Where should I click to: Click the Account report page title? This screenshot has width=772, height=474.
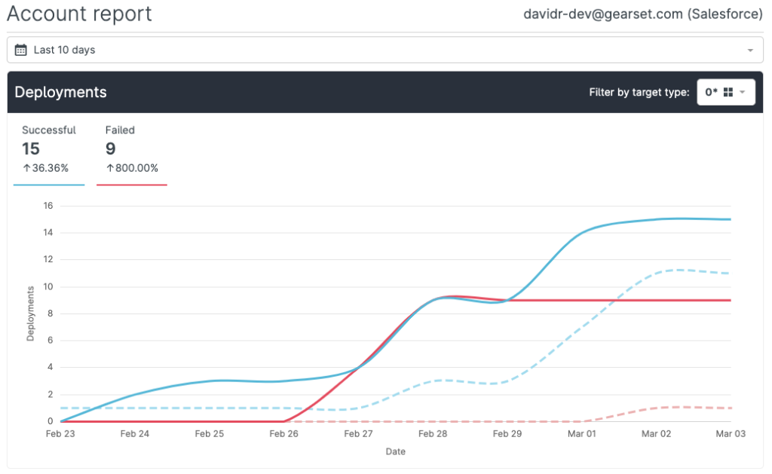click(x=79, y=14)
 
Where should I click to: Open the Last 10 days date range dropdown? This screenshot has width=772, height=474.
click(x=384, y=50)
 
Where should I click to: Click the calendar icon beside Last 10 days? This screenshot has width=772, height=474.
click(x=21, y=50)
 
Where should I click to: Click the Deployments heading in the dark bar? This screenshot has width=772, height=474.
click(x=61, y=92)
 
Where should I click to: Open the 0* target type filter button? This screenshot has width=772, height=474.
click(x=725, y=92)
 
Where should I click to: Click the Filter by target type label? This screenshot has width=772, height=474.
click(x=639, y=92)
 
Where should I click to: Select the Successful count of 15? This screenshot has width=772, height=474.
click(x=31, y=148)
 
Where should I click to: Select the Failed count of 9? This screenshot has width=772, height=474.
click(x=111, y=148)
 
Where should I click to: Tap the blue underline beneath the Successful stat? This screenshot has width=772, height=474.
click(x=49, y=185)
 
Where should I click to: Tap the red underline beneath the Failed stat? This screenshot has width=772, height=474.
click(x=132, y=185)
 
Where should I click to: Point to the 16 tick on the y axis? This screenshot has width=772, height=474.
click(x=47, y=205)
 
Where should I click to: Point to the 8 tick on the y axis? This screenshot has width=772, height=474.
click(x=50, y=313)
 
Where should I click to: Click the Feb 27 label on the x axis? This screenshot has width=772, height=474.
click(x=358, y=434)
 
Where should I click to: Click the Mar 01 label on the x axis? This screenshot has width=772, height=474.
click(x=581, y=434)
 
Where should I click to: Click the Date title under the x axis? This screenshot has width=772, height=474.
click(x=396, y=451)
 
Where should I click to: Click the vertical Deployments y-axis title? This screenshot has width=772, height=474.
click(x=31, y=313)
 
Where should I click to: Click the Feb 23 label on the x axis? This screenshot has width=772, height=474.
click(x=60, y=434)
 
